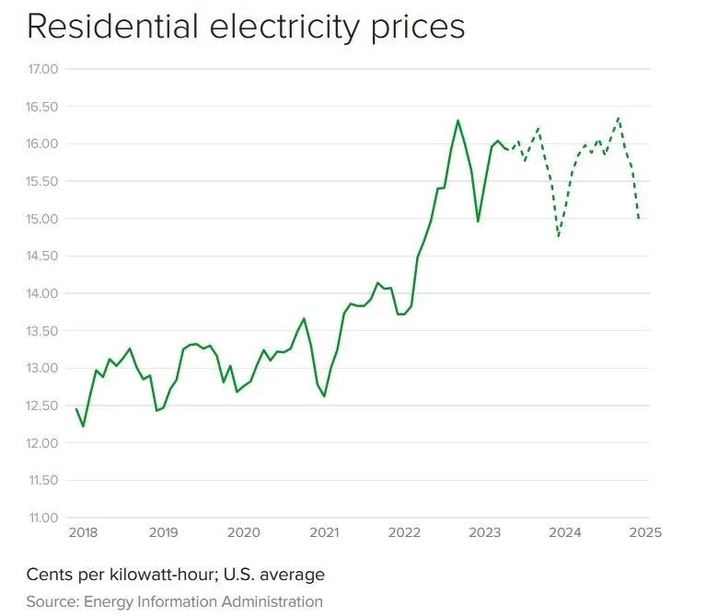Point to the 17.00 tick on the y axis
click(x=42, y=69)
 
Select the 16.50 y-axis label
click(x=42, y=107)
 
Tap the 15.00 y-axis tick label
click(x=42, y=219)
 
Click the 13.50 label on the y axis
click(x=42, y=331)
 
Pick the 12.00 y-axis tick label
click(x=42, y=443)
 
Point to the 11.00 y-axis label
click(x=42, y=518)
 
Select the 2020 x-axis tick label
click(x=243, y=532)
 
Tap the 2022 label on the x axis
click(x=405, y=532)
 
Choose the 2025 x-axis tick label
click(x=647, y=532)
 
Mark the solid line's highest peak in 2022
click(x=458, y=120)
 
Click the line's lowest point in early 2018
click(x=84, y=426)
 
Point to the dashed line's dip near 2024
click(x=559, y=236)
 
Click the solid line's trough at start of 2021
click(x=324, y=396)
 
